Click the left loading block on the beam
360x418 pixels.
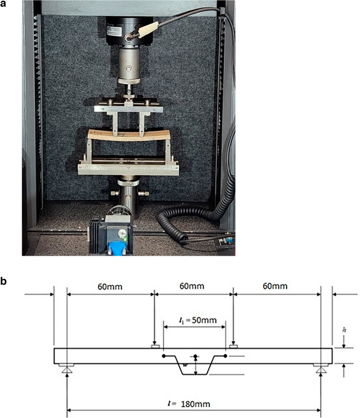[155, 346]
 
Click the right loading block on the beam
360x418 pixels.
[233, 346]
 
